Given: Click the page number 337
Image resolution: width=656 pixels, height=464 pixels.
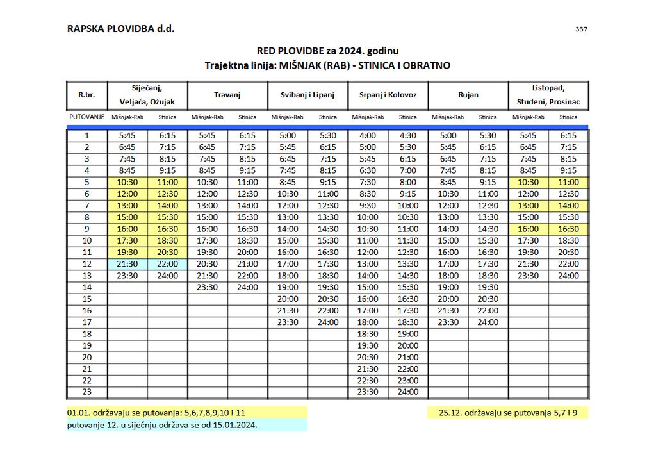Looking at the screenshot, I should (581, 29).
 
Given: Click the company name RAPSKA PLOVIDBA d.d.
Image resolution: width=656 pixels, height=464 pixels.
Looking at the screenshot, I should (120, 29).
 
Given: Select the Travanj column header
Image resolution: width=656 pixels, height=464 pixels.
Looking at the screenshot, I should (227, 95).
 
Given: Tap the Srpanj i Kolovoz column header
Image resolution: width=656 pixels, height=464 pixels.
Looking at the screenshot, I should (388, 95).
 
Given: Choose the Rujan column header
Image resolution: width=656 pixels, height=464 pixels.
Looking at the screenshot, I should (468, 95).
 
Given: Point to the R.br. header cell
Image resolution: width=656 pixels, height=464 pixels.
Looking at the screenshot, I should (86, 95).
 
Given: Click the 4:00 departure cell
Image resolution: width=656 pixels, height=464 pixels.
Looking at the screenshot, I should (368, 136).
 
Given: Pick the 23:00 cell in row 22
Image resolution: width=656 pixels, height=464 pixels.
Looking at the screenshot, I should (407, 381).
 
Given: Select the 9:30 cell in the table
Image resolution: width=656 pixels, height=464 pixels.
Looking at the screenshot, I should (368, 206).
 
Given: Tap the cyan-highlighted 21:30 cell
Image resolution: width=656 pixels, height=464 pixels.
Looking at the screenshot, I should (127, 264).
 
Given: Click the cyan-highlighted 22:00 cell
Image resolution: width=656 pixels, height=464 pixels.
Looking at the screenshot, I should (167, 264).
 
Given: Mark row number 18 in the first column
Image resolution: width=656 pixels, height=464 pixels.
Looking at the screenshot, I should (87, 334).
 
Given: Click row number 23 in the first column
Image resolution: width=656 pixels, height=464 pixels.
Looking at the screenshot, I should (87, 392).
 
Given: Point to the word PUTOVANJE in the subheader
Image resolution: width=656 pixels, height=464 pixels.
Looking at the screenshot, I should (86, 117).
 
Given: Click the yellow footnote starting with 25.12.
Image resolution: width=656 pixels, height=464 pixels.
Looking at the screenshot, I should (508, 413).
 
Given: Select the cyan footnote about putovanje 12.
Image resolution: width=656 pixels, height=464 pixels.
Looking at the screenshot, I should (162, 425).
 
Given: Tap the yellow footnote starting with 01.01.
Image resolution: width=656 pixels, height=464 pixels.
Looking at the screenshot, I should (156, 413).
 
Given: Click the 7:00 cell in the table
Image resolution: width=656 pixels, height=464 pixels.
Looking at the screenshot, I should (407, 171).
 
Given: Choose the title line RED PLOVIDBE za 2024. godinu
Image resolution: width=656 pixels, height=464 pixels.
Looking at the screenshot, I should (327, 51).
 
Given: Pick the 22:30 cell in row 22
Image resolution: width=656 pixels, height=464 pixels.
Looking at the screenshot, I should (368, 381).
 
